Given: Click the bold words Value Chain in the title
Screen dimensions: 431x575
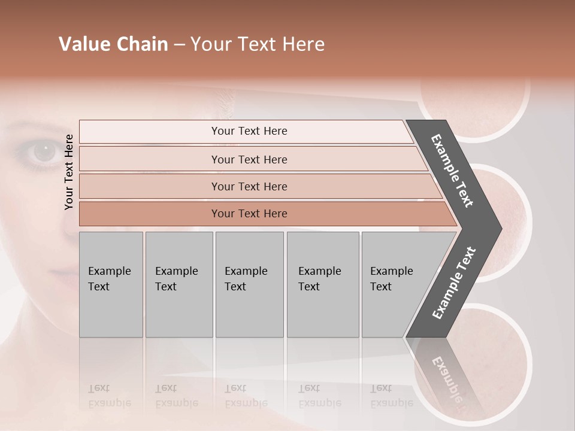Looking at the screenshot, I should pos(113,44).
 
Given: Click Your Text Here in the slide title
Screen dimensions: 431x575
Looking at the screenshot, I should pos(258,44).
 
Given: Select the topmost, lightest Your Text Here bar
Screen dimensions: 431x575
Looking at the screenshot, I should pos(249,131).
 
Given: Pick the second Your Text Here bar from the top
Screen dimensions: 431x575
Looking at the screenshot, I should pos(249,159).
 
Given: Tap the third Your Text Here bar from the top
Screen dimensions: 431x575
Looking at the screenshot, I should pos(249,186).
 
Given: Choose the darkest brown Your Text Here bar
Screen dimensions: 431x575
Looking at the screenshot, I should pos(249,214).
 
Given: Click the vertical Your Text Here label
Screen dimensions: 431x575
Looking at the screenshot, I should pos(69,172).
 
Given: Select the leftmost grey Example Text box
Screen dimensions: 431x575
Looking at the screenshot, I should pos(111,284).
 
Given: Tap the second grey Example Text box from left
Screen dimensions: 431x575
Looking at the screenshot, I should pos(178,284).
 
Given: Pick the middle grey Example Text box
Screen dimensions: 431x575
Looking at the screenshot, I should pos(249,284).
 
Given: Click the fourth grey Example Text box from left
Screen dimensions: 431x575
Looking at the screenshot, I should pos(322,284).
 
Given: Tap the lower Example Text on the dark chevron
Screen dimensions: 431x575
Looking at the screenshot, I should pos(453,283).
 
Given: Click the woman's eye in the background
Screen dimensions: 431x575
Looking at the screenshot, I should pos(43,152).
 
